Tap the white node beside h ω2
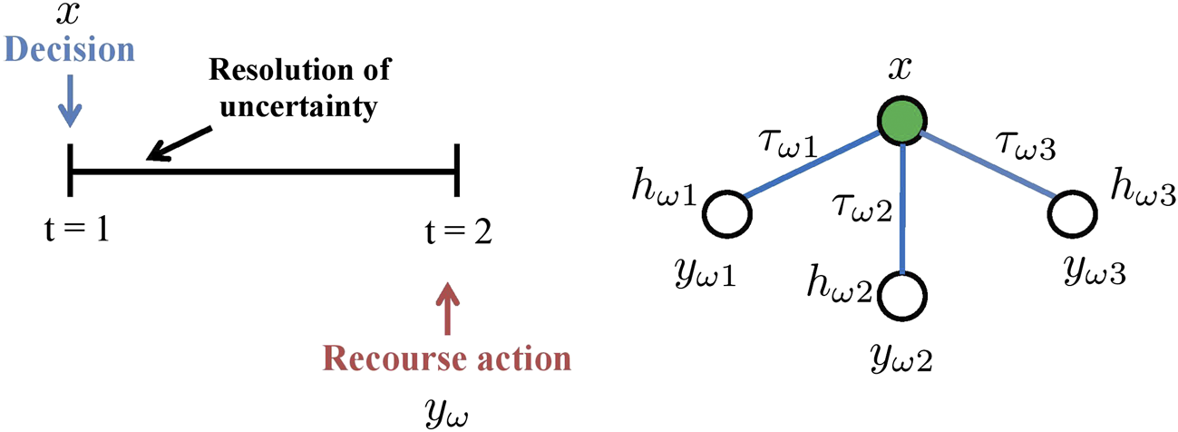903,297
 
